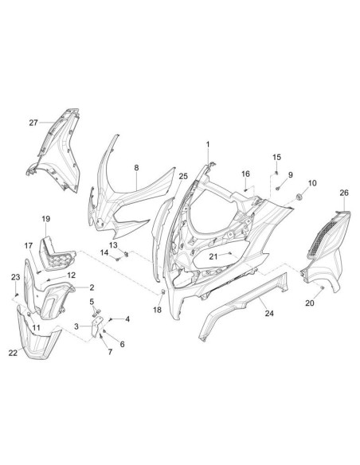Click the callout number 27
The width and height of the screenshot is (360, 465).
click(33, 123)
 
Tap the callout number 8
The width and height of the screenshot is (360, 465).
click(136, 167)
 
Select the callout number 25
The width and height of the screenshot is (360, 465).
click(183, 176)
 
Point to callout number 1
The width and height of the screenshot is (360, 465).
click(208, 144)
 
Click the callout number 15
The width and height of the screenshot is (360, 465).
click(276, 157)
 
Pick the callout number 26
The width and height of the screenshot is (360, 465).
click(344, 193)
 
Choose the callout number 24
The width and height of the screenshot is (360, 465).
click(269, 313)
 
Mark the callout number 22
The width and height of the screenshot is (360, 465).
click(13, 353)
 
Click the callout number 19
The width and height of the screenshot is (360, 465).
click(46, 219)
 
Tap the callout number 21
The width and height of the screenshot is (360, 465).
click(213, 256)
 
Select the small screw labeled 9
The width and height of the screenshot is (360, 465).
click(278, 188)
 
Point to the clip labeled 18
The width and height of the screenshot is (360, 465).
click(162, 292)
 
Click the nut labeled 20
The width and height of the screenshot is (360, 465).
click(323, 287)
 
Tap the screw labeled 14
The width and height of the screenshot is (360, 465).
click(118, 260)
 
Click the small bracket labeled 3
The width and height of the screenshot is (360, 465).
click(96, 326)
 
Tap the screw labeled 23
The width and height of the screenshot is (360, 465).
click(17, 294)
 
